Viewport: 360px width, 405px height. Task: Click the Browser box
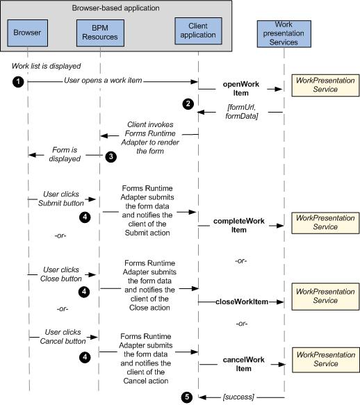27,33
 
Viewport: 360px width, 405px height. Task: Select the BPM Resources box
100,33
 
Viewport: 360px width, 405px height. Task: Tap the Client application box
198,31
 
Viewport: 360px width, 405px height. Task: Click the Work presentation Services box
284,34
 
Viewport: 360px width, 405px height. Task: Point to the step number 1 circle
18,82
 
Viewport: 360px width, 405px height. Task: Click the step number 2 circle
188,104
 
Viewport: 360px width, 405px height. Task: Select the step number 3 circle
111,156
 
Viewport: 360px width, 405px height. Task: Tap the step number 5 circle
186,397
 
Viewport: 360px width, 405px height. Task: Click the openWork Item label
241,89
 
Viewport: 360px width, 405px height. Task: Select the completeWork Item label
239,226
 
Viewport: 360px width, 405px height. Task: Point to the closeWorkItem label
242,301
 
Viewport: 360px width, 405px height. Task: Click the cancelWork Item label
243,364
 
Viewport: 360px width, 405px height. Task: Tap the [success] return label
238,397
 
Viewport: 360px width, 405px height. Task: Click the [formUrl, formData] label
242,112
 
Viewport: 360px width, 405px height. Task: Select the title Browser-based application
116,8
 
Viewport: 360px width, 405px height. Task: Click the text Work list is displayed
47,66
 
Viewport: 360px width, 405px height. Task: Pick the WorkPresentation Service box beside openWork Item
325,85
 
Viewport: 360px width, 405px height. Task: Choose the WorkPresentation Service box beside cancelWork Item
326,360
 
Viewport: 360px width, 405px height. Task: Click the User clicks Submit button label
61,199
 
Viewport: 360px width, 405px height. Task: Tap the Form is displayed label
65,154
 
